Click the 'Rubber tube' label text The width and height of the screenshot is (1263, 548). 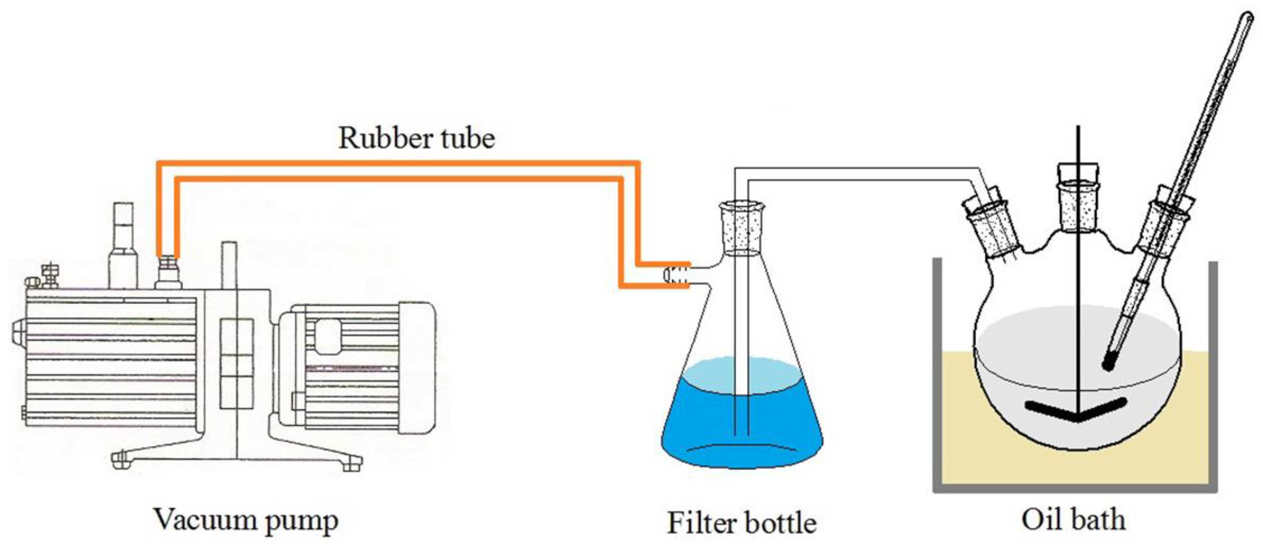coord(416,138)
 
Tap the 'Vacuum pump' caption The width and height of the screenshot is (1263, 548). coord(246,520)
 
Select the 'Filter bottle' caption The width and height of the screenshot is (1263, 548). coord(741,523)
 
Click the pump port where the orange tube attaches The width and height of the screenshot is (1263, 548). coord(168,272)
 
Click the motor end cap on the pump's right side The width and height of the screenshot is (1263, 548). coord(417,368)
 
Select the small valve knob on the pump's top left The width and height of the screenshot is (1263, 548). coord(49,275)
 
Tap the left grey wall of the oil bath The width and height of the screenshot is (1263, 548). coord(937,373)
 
